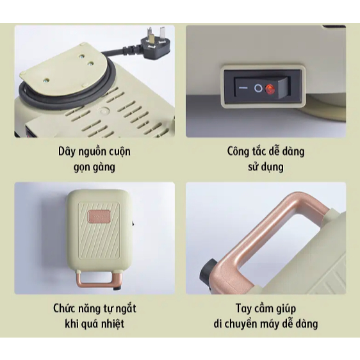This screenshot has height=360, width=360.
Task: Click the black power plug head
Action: (x=154, y=43)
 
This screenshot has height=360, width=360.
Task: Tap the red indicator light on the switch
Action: (x=270, y=89)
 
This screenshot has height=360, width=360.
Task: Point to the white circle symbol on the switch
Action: (x=258, y=88)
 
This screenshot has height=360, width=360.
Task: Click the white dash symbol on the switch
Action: (x=243, y=88)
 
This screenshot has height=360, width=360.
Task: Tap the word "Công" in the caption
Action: (x=237, y=152)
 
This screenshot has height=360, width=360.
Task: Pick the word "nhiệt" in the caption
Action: (x=113, y=324)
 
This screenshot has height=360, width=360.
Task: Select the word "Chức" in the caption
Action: (x=64, y=308)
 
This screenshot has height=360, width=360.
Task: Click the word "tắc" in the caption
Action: (x=259, y=152)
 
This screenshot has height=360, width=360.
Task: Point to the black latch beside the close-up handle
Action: (x=208, y=271)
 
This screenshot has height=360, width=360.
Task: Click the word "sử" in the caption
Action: (x=252, y=167)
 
